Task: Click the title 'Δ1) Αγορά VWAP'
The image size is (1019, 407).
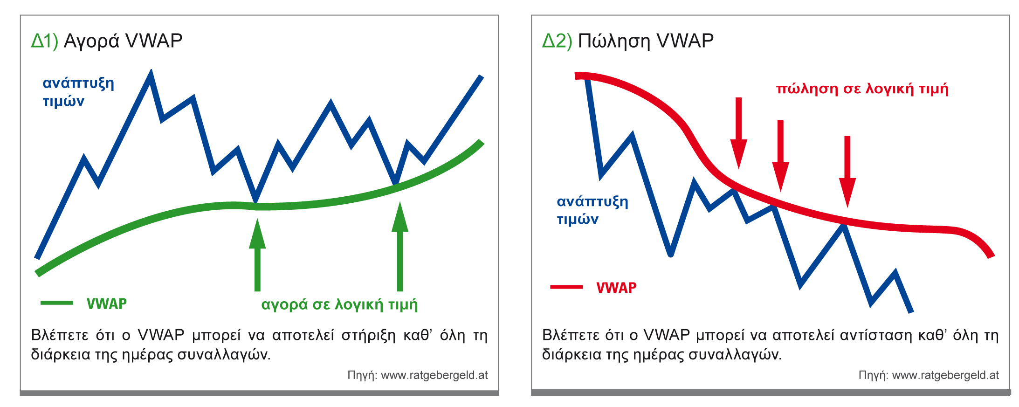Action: [x=107, y=41]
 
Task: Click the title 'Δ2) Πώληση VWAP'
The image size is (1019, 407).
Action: [x=628, y=41]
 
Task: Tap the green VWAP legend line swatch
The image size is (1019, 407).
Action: [x=57, y=303]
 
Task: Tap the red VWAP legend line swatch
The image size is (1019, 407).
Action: [x=566, y=287]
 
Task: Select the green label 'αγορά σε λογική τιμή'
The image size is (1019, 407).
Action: [x=339, y=305]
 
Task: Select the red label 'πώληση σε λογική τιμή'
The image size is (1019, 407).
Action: [x=862, y=89]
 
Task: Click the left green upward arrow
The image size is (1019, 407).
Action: [x=257, y=255]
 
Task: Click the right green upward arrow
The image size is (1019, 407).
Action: [x=400, y=246]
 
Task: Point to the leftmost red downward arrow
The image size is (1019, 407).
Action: [x=738, y=133]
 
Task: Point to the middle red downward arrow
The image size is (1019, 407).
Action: [x=780, y=156]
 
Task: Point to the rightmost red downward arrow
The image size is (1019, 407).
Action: [x=847, y=172]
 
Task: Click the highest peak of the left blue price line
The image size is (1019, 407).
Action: [x=151, y=71]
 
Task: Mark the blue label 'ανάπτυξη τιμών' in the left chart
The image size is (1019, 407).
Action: [x=78, y=92]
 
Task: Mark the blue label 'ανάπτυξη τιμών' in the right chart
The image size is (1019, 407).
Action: [x=592, y=210]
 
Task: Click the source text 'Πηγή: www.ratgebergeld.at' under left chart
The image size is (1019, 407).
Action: [x=418, y=375]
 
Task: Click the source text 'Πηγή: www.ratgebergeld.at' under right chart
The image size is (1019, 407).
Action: [x=929, y=375]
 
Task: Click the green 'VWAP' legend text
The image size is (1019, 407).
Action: [x=107, y=304]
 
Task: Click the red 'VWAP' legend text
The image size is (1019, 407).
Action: [x=616, y=288]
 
